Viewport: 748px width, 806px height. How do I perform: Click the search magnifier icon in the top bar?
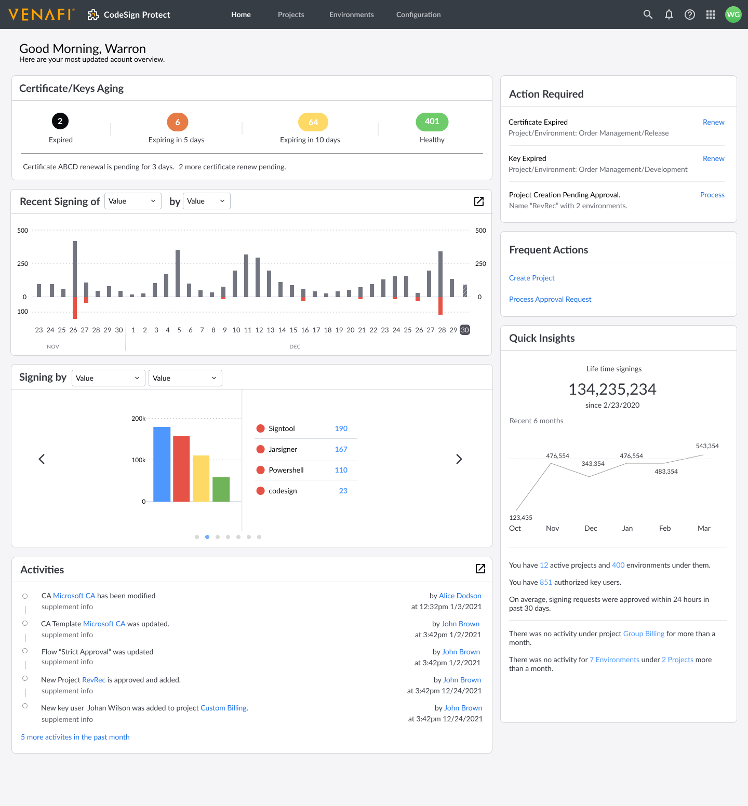coord(648,15)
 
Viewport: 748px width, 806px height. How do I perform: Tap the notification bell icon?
coord(669,15)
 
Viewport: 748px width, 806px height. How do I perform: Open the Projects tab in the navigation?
coord(291,15)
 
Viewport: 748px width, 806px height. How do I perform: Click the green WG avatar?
coord(733,15)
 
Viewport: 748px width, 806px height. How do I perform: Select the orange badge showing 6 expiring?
coord(178,122)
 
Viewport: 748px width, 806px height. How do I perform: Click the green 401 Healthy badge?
coord(432,122)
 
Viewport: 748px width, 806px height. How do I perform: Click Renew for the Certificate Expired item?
coord(713,122)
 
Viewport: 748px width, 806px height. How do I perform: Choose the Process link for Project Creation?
coord(712,195)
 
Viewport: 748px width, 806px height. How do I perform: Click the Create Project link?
coord(532,278)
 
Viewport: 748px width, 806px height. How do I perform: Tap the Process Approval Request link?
coord(550,299)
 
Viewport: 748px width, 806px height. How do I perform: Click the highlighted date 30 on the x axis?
coord(465,330)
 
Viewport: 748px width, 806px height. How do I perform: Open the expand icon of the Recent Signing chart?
coord(479,202)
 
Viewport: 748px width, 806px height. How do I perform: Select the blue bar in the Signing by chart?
coord(162,464)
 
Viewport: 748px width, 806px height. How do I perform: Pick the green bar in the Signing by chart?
coord(221,489)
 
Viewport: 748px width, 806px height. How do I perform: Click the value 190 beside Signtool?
coord(341,428)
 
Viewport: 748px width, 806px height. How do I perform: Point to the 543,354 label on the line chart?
coord(707,446)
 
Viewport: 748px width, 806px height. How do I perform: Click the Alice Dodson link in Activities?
coord(460,596)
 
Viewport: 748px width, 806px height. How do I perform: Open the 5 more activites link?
coord(75,737)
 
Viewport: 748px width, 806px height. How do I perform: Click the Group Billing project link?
coord(644,634)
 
